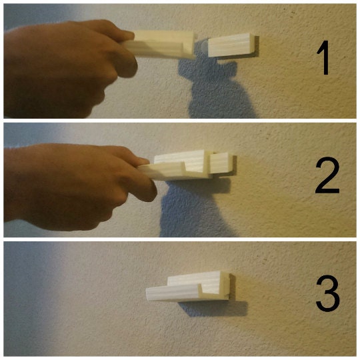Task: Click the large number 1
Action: [324, 57]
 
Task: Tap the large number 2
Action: [327, 175]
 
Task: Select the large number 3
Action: [328, 293]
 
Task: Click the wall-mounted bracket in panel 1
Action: [233, 45]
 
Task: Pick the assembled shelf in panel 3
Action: [188, 287]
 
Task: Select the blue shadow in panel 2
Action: [195, 207]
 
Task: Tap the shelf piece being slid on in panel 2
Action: [175, 167]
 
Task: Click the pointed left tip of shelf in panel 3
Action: [147, 294]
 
